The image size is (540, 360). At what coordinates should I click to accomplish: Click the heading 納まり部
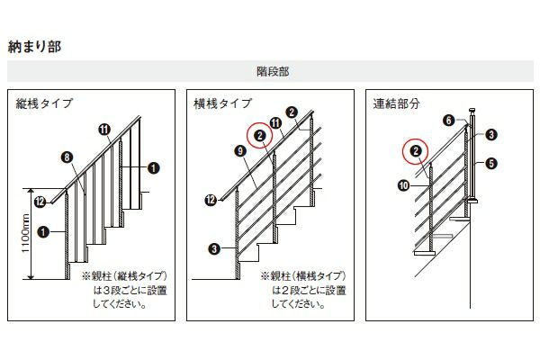click(34, 47)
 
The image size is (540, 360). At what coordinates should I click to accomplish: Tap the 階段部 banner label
click(273, 71)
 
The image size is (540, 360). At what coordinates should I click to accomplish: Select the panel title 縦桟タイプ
click(44, 103)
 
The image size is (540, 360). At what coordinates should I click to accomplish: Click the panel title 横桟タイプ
click(223, 103)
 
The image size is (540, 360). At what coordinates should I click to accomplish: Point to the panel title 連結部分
click(396, 103)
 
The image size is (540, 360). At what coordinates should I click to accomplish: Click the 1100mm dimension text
click(26, 233)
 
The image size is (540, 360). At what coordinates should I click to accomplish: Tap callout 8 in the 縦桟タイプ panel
click(67, 157)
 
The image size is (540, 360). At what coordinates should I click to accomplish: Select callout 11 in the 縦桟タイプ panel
click(104, 130)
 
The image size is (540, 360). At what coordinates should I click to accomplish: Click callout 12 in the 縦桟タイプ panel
click(40, 202)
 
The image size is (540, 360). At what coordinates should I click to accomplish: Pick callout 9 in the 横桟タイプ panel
click(240, 151)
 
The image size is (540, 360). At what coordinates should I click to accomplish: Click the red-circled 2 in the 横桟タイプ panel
click(260, 136)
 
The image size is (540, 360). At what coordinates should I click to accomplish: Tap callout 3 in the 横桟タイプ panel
click(214, 248)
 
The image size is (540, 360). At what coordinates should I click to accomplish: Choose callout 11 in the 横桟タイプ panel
click(276, 123)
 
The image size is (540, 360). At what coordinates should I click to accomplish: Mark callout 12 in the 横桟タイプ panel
click(211, 200)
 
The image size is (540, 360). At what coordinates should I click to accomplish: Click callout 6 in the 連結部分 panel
click(449, 121)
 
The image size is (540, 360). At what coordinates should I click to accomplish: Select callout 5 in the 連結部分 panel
click(491, 163)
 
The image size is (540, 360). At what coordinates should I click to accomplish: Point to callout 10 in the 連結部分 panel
click(403, 186)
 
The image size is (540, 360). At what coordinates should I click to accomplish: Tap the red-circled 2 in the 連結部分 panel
click(416, 151)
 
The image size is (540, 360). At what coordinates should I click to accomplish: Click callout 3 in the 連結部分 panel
click(491, 135)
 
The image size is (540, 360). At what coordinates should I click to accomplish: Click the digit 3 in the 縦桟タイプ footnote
click(107, 291)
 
